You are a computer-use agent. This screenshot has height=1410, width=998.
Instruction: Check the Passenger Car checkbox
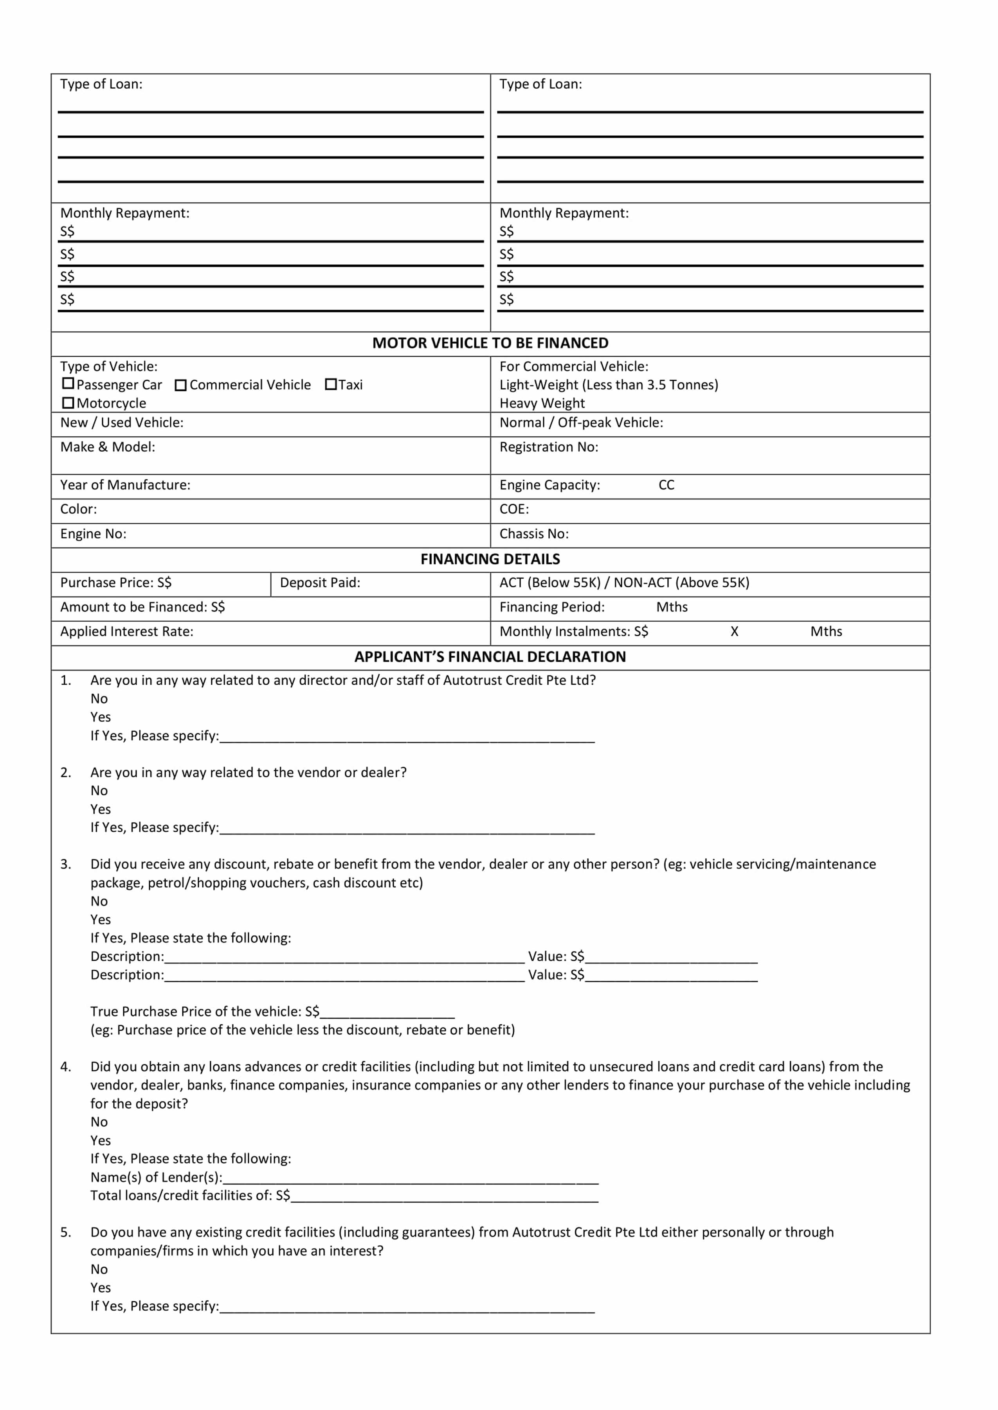(x=69, y=384)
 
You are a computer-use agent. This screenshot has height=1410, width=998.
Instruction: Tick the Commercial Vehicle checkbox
(x=181, y=385)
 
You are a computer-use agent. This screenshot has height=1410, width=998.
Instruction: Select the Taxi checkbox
(x=331, y=384)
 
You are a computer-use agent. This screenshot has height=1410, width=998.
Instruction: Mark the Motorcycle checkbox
(x=69, y=403)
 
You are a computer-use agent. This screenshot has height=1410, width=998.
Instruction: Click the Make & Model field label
(x=108, y=447)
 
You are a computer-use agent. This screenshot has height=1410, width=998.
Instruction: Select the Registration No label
(x=548, y=447)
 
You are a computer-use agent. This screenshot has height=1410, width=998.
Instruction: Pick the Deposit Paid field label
(x=320, y=583)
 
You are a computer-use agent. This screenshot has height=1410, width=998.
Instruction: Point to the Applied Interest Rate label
(x=126, y=632)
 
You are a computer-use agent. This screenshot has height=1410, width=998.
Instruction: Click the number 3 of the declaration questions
(x=65, y=865)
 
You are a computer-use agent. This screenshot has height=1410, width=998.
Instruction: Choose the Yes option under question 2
(x=101, y=809)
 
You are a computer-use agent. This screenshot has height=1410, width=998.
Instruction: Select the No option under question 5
(x=99, y=1269)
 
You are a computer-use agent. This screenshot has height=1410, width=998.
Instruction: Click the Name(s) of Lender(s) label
(x=156, y=1177)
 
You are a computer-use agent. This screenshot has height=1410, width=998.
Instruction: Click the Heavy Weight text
(x=542, y=404)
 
